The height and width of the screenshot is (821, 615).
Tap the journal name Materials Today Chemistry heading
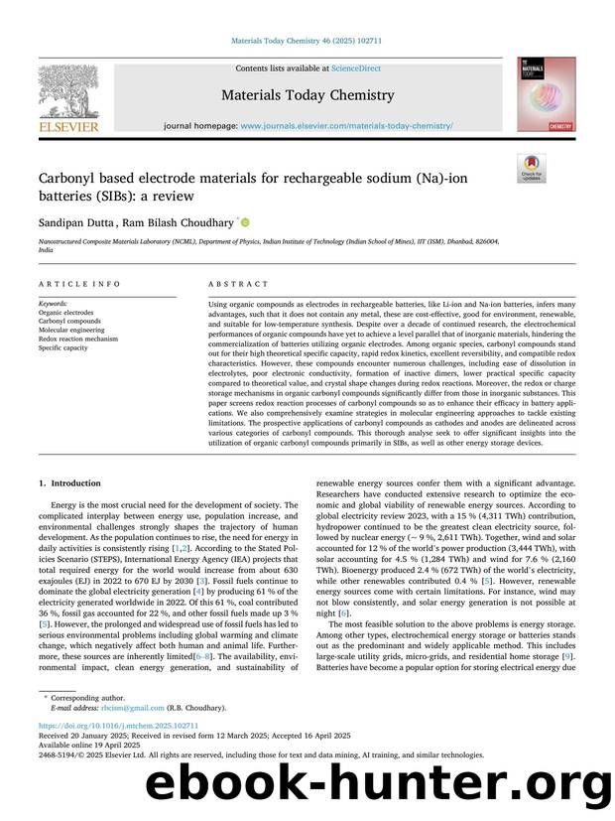(307, 95)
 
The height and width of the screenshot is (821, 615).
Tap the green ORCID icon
(244, 222)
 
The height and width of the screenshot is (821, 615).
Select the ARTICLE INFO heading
(67, 284)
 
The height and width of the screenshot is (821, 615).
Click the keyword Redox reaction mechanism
(77, 339)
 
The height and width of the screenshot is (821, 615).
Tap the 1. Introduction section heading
(69, 483)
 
